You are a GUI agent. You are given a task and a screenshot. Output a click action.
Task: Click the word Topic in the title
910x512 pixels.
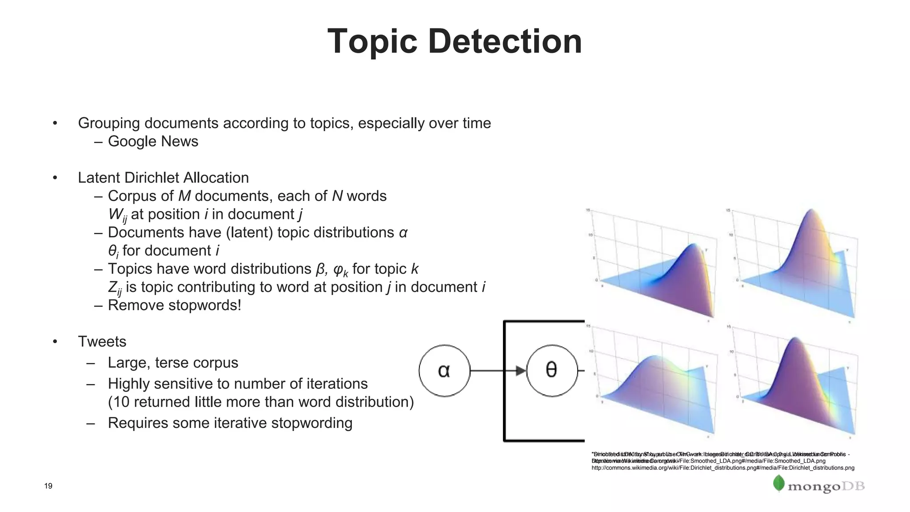click(x=372, y=41)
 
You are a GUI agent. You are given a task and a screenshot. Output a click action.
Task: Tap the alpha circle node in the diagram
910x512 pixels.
click(x=444, y=370)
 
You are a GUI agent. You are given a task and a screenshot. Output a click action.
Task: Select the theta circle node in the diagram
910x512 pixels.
click(x=551, y=370)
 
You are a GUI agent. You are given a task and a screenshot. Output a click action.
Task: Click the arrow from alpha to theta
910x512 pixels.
click(x=498, y=370)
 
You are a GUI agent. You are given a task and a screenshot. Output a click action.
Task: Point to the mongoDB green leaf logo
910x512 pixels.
click(x=778, y=483)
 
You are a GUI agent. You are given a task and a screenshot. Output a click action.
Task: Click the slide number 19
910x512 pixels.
click(x=48, y=486)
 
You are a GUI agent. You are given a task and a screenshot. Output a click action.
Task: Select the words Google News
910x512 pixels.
click(x=153, y=141)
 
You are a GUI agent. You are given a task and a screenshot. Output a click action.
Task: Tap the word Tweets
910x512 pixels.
click(x=102, y=341)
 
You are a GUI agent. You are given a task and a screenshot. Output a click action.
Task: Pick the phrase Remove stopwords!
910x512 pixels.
click(x=174, y=305)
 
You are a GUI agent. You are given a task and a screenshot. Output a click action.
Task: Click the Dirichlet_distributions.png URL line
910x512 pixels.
click(x=722, y=468)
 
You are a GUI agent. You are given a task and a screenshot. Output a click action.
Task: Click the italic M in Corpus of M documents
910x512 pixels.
click(x=184, y=196)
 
